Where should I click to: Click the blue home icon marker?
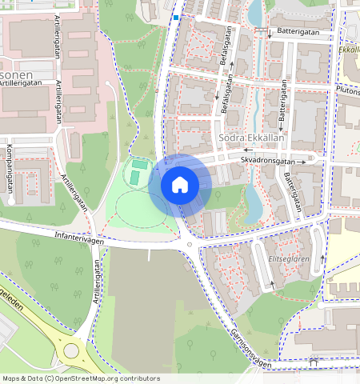180,185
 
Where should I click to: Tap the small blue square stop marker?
175,17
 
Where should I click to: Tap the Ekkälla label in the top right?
349,50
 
